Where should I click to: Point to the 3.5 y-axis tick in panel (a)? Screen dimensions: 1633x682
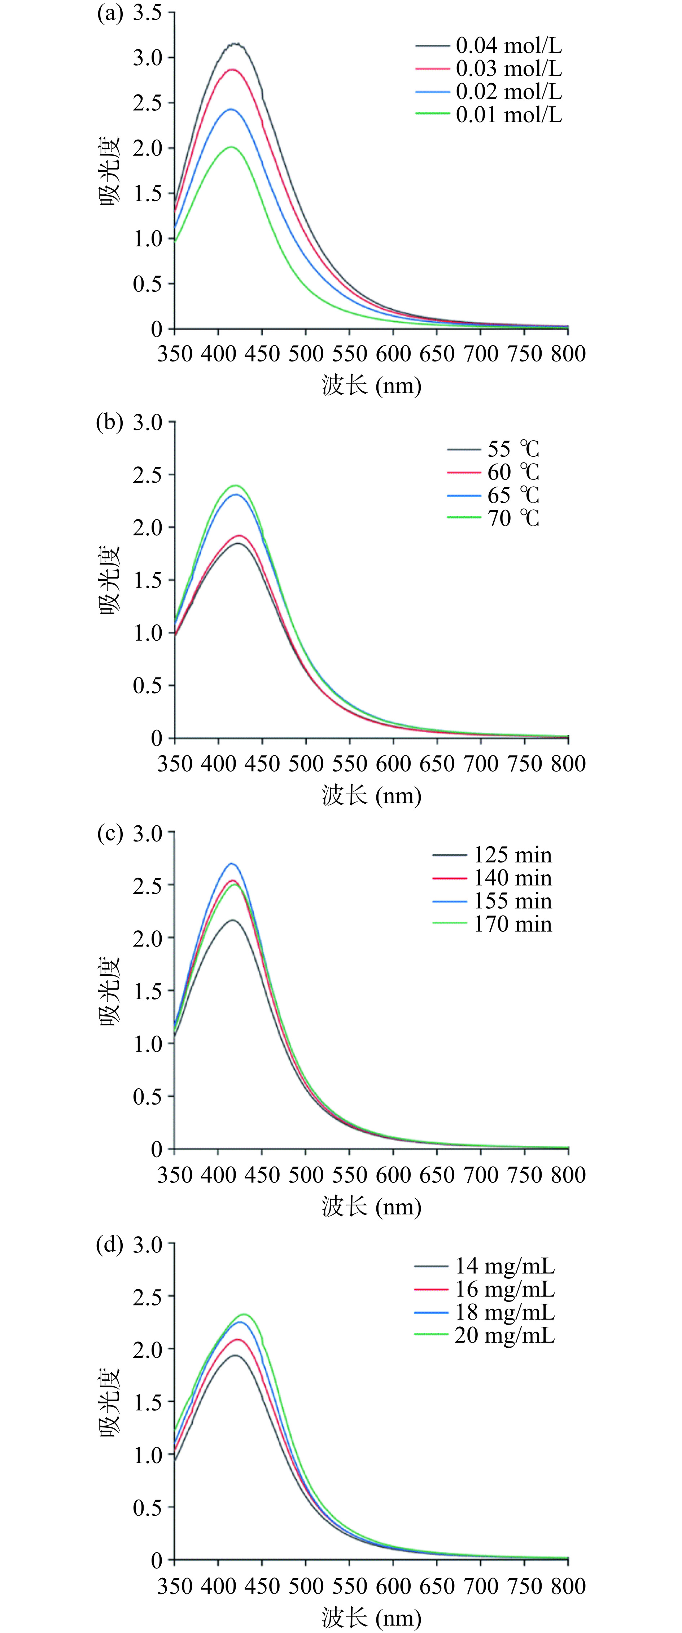tap(147, 13)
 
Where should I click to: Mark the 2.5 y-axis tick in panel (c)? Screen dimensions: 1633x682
tap(147, 885)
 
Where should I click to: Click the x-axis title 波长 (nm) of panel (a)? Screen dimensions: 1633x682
tap(371, 385)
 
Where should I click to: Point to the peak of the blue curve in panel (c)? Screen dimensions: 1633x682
tap(232, 864)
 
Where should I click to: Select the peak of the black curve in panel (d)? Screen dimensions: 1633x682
tap(235, 1355)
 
